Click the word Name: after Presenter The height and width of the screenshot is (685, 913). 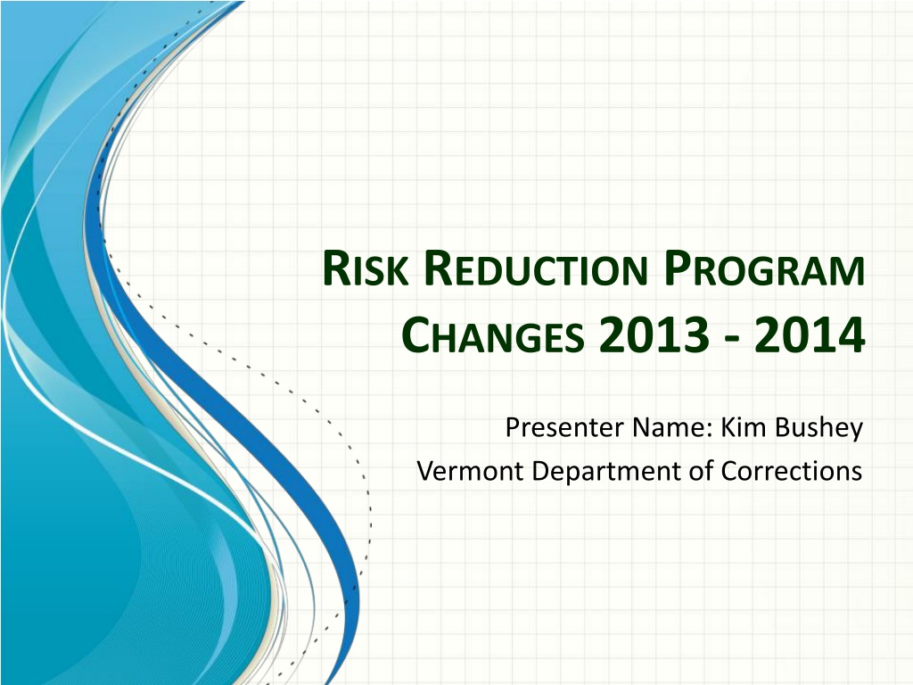click(669, 429)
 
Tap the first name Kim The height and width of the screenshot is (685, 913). click(744, 429)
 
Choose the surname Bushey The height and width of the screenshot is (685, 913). click(818, 429)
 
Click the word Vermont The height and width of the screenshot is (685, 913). click(472, 470)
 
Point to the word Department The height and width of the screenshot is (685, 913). click(599, 470)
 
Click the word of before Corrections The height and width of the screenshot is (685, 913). click(702, 470)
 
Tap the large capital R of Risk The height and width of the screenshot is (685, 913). click(334, 271)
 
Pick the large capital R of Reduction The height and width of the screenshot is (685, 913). click(436, 271)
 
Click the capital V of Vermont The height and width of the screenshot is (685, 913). click(425, 470)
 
